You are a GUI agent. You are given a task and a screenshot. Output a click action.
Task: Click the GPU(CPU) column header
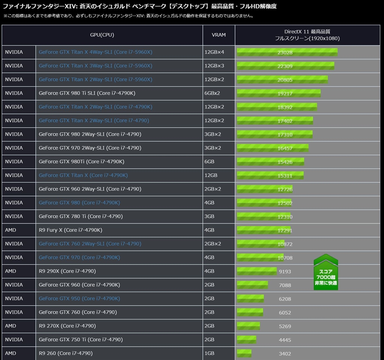click(x=102, y=35)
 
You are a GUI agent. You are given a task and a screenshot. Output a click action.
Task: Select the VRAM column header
click(x=219, y=35)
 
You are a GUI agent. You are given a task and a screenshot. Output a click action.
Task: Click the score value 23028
click(x=285, y=52)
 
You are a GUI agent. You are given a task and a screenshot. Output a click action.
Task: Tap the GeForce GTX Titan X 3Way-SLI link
click(x=95, y=66)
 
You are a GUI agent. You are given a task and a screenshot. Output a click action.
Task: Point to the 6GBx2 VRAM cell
click(x=212, y=93)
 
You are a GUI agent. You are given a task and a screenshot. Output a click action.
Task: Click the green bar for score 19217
click(x=278, y=93)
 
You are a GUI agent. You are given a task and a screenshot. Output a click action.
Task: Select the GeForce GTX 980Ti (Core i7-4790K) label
click(x=81, y=161)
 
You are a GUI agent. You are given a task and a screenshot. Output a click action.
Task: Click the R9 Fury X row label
click(x=70, y=230)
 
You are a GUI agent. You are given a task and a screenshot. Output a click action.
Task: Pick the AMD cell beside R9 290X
click(x=10, y=271)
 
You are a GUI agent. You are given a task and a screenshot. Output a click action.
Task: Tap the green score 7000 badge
click(x=325, y=273)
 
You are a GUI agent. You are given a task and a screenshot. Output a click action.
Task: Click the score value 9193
click(x=285, y=272)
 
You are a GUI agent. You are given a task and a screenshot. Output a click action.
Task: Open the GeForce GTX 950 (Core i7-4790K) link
click(x=79, y=298)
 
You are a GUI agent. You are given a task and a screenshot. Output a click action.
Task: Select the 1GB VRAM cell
click(x=209, y=353)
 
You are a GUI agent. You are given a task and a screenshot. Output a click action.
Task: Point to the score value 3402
click(x=285, y=354)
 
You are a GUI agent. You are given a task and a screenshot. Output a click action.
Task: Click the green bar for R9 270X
click(x=248, y=326)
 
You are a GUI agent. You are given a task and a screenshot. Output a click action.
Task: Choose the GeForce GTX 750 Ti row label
click(x=81, y=339)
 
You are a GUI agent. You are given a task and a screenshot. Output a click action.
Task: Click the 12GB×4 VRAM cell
click(x=214, y=52)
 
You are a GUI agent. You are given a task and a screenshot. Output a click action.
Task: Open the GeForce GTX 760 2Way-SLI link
click(x=90, y=243)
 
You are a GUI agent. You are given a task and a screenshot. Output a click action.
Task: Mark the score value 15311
click(x=285, y=176)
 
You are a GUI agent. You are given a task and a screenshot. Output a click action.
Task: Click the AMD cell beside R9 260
click(x=10, y=353)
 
